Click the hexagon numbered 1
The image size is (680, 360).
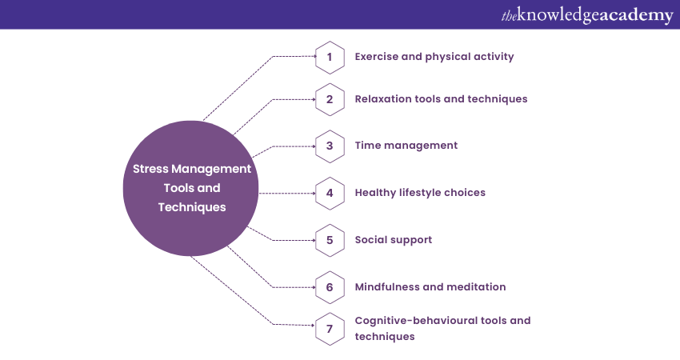pyautogui.click(x=329, y=57)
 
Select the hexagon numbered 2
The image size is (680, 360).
pyautogui.click(x=329, y=99)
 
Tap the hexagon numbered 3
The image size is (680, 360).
pyautogui.click(x=329, y=146)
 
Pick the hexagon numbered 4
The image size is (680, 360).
pyautogui.click(x=329, y=193)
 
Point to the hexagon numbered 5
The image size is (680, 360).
pyautogui.click(x=329, y=239)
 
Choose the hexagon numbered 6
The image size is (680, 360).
pyautogui.click(x=329, y=286)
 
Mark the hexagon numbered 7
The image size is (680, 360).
pyautogui.click(x=329, y=328)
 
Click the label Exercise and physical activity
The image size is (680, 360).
pyautogui.click(x=434, y=57)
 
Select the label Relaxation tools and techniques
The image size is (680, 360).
pyautogui.click(x=441, y=99)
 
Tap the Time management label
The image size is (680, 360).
pyautogui.click(x=406, y=146)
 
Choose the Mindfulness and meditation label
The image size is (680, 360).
pyautogui.click(x=430, y=286)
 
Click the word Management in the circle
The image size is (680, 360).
pyautogui.click(x=212, y=169)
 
